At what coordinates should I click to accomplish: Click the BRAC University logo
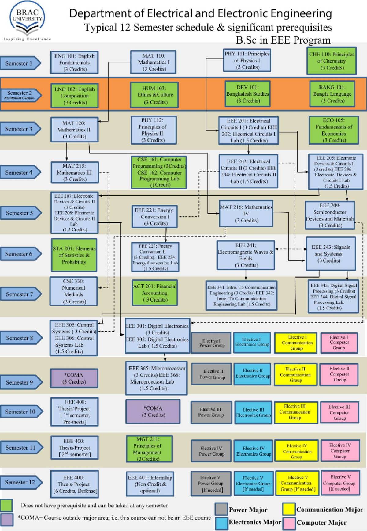point(27,20)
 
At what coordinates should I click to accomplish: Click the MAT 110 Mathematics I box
point(154,62)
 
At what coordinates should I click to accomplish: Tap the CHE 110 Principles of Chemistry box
point(332,61)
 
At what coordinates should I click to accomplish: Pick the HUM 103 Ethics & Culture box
point(154,95)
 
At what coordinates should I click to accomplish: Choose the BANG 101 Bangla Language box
point(332,94)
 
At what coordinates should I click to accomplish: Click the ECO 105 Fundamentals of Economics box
point(334,130)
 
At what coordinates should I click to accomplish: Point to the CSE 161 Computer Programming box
point(159,172)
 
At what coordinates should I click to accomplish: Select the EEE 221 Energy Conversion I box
point(155,217)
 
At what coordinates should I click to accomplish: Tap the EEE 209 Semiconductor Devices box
point(330,215)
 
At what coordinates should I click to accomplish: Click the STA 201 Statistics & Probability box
point(74,255)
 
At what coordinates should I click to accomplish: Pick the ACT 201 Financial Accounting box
point(155,293)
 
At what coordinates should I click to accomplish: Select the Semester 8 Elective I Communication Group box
point(296,343)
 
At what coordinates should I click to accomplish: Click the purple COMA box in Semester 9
point(74,378)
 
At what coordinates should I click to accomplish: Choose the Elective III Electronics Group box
point(253,412)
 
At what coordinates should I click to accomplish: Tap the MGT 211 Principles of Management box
point(149,449)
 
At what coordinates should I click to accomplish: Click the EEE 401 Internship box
point(150,484)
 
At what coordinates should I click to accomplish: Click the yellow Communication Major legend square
point(289,509)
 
